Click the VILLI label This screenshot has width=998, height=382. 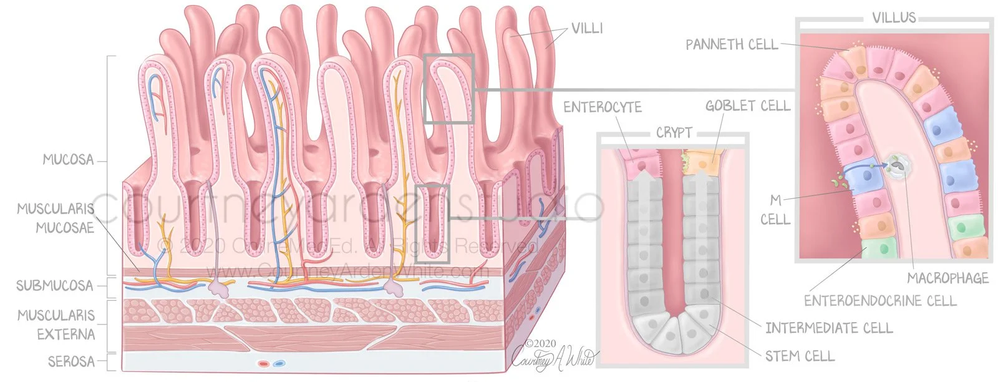coord(586,28)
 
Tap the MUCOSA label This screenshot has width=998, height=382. coord(68,160)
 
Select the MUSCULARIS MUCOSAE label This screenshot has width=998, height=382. coord(56,218)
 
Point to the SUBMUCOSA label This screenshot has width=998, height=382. coord(54,286)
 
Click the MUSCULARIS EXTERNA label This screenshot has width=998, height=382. coord(56,325)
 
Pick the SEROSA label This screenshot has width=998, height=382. coord(71,361)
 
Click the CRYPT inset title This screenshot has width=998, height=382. coord(674,133)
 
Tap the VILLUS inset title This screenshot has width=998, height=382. coord(894,17)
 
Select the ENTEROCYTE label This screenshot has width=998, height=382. coord(602,107)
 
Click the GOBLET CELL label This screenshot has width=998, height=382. coord(747,106)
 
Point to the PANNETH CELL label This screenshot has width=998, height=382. coord(732,44)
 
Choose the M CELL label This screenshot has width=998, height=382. coord(775,210)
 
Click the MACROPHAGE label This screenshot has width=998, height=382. coord(947,278)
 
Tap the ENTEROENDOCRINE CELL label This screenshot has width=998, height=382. coord(879,301)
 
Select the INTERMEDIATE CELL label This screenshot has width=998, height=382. coord(828,328)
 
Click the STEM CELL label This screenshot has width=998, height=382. coord(799,356)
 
